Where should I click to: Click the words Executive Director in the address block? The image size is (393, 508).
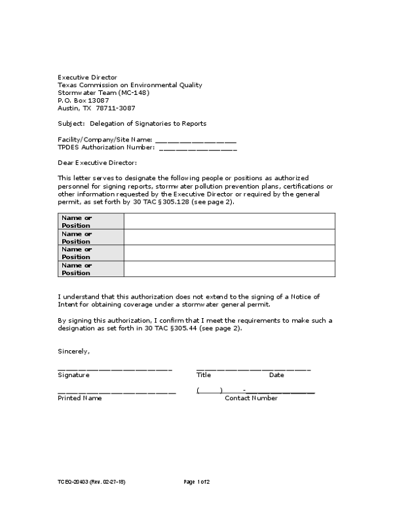(87, 77)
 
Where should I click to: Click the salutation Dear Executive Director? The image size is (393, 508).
(98, 162)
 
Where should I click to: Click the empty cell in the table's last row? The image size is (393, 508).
(229, 269)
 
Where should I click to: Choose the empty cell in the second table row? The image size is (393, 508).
(229, 237)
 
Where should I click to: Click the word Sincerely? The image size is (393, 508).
(73, 352)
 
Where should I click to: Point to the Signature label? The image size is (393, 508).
(73, 375)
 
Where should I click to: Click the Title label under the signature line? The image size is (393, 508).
(204, 375)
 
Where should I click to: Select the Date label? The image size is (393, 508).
(276, 375)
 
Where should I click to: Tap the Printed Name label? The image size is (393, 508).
(80, 398)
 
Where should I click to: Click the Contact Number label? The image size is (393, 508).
(251, 398)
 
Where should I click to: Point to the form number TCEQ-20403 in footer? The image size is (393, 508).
(73, 482)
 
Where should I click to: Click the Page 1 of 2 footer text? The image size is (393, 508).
(197, 482)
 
